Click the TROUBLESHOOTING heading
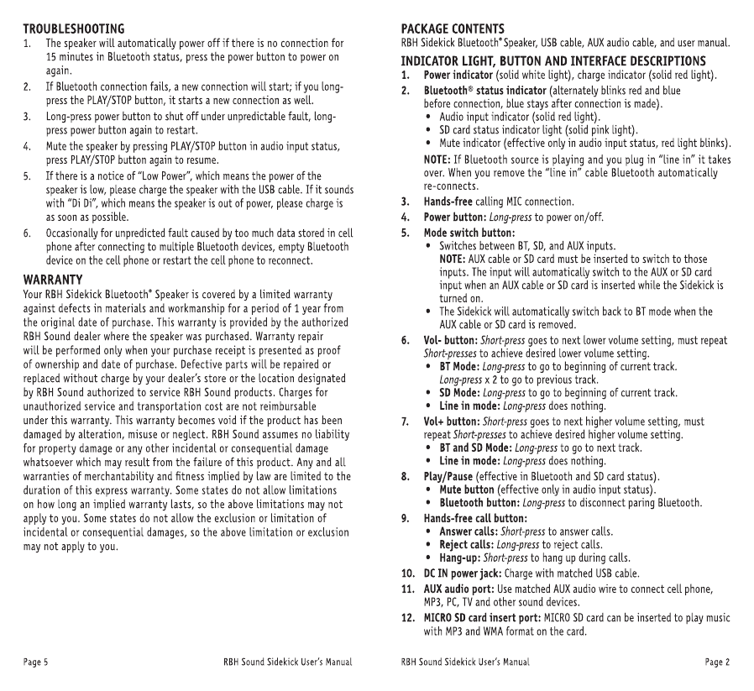point(74,29)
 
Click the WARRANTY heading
point(52,279)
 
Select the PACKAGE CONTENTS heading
point(453,29)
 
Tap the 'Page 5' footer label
point(35,662)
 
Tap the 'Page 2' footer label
point(717,662)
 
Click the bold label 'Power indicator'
point(458,76)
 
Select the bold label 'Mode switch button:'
point(469,232)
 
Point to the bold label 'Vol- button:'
point(451,341)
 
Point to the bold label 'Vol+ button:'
point(452,421)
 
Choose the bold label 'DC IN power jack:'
point(463,573)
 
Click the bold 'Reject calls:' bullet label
point(468,545)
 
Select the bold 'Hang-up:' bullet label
point(458,558)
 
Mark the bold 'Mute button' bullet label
point(467,489)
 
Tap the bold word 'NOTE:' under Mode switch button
point(453,259)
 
